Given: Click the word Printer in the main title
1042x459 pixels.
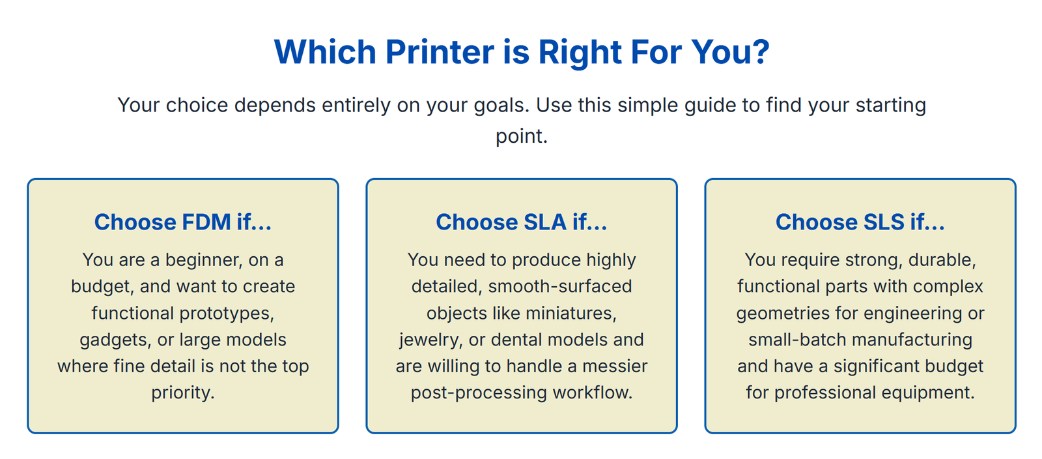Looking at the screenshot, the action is (440, 52).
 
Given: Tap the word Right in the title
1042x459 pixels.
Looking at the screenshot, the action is (580, 53).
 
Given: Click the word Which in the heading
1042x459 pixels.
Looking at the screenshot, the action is (325, 52).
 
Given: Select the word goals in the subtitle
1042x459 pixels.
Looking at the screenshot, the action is (502, 106).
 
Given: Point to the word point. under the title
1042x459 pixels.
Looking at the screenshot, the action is (522, 136).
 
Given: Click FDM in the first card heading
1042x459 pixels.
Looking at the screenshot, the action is (206, 222).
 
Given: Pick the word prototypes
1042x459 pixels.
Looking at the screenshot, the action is (227, 314).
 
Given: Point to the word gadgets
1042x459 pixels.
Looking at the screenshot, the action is (116, 340).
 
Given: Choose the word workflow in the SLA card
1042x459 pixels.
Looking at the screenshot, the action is (593, 393).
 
